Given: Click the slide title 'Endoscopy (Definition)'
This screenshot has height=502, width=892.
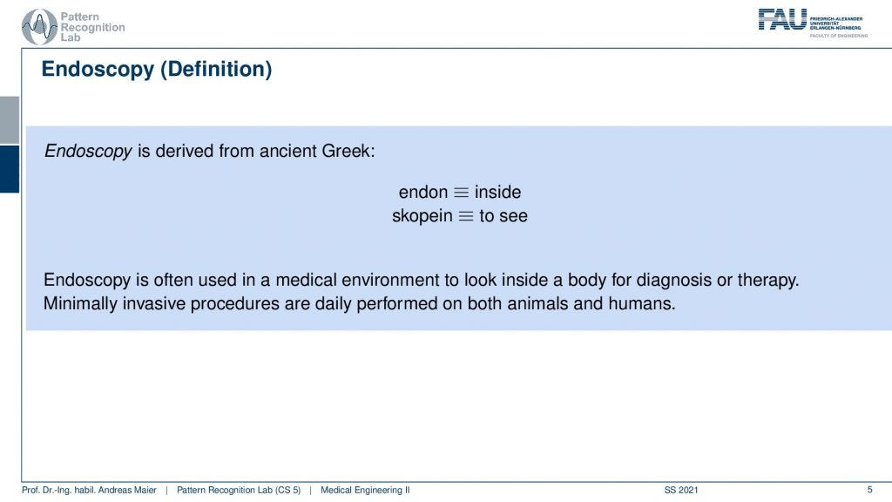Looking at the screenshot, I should coord(157,70).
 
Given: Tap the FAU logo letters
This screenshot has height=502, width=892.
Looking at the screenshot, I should coord(781,20).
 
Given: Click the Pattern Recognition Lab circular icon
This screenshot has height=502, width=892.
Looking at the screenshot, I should coord(39,27).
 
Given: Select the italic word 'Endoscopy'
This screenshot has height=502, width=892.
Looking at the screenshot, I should coord(88,151).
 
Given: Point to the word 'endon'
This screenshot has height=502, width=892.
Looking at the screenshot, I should coord(422,192).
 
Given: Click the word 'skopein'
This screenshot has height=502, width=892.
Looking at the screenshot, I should coord(422,215).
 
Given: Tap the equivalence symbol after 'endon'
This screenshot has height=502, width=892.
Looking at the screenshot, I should coord(461,193).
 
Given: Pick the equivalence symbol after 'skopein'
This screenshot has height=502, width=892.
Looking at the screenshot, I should coord(466,216).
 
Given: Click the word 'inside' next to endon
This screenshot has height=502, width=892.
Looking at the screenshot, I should coord(497,192).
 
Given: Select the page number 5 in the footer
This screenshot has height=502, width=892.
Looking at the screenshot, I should coord(869,490).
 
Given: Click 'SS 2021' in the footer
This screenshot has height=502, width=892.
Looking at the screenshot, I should coord(681,491).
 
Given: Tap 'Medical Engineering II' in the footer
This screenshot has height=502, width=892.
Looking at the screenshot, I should coord(365,491).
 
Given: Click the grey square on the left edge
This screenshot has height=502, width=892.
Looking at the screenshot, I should coord(9,119).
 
